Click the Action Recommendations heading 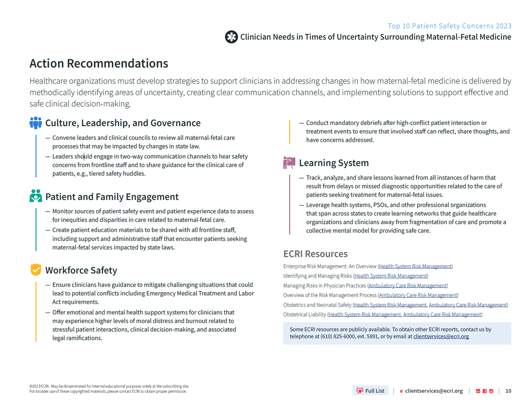pos(99,64)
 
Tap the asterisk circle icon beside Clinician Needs pos(231,37)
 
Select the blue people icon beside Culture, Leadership pos(36,123)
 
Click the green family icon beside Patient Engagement pos(36,196)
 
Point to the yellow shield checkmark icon pos(36,270)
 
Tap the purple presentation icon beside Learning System pos(289,163)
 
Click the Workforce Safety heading pos(81,270)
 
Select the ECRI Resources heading pos(315,254)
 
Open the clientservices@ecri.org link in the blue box pos(441,336)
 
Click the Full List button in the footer pos(370,391)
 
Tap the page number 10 pos(508,391)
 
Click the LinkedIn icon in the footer pos(478,391)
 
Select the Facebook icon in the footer pos(485,391)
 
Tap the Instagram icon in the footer pos(491,391)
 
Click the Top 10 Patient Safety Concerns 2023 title pos(450,26)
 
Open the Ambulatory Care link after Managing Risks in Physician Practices pos(407,286)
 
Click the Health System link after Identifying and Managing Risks pos(390,276)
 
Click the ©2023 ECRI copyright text pos(39,386)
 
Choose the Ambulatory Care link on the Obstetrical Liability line pos(442,315)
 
